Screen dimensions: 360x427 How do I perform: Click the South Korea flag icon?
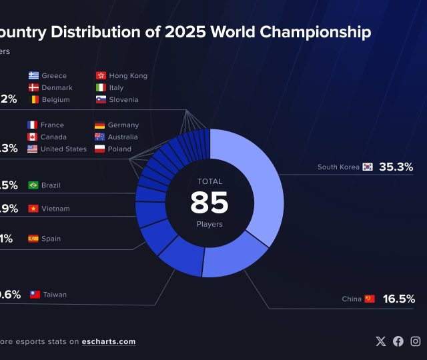point(368,167)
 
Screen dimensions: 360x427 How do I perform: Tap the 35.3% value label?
point(396,167)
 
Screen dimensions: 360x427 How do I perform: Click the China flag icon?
point(370,299)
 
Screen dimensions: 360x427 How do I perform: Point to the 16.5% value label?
point(399,299)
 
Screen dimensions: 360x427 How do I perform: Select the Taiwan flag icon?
point(35,294)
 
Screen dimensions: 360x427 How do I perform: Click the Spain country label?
point(51,238)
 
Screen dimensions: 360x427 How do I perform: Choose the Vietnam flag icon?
point(33,209)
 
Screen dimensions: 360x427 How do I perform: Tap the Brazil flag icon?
point(33,185)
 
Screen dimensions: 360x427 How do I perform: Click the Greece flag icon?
point(33,75)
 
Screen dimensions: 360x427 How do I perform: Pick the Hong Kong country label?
point(128,75)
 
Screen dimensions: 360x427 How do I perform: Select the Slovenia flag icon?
point(101,99)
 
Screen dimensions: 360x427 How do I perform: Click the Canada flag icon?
point(32,137)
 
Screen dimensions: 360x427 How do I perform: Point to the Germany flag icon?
point(99,125)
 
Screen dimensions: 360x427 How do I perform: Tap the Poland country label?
point(119,149)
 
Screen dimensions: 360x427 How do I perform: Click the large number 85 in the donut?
point(209,203)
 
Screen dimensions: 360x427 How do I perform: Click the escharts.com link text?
point(109,341)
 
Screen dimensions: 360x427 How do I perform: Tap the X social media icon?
point(381,341)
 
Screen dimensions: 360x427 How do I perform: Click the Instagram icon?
point(416,341)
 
